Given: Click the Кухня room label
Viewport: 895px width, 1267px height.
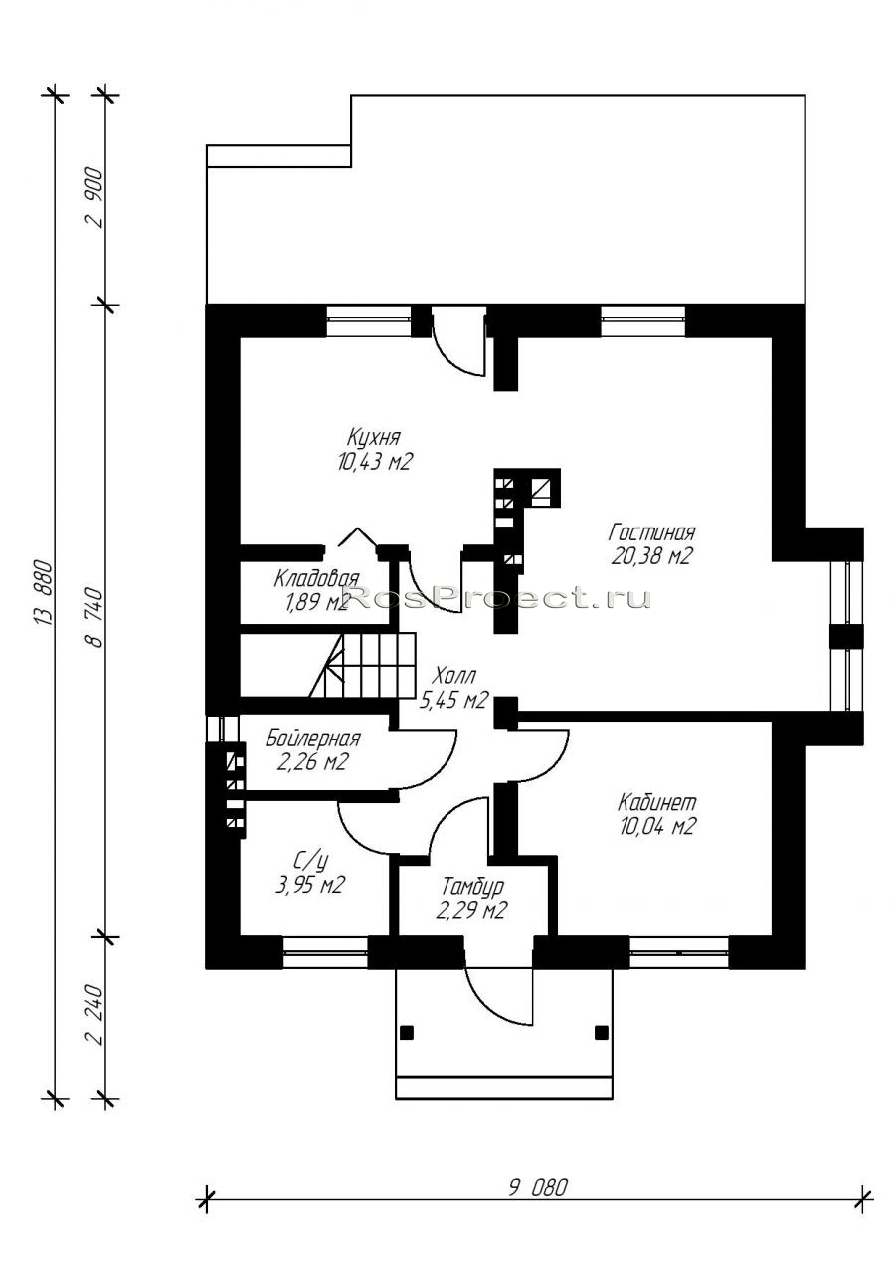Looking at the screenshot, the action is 374,437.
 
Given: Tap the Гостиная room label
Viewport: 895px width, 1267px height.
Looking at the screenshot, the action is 651,532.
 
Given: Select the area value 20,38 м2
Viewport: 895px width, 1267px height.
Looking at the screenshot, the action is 651,557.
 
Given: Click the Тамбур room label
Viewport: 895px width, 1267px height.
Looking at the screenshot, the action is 472,886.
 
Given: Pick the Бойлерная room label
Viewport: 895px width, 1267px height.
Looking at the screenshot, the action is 313,739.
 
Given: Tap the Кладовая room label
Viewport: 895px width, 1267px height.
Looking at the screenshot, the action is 316,578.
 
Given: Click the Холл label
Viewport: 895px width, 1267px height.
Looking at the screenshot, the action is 453,676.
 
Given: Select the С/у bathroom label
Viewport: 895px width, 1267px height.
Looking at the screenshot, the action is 310,860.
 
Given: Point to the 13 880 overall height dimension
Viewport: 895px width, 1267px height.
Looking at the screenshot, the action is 44,594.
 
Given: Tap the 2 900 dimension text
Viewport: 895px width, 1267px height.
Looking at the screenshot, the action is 94,198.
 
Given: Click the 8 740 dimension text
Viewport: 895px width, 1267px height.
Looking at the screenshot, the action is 94,617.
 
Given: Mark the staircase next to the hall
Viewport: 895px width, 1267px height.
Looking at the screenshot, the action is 362,665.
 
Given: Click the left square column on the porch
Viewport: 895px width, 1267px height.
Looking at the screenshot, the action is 407,1033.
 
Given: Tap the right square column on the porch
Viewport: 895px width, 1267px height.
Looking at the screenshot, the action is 602,1033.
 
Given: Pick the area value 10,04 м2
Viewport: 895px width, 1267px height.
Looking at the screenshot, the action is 656,826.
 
